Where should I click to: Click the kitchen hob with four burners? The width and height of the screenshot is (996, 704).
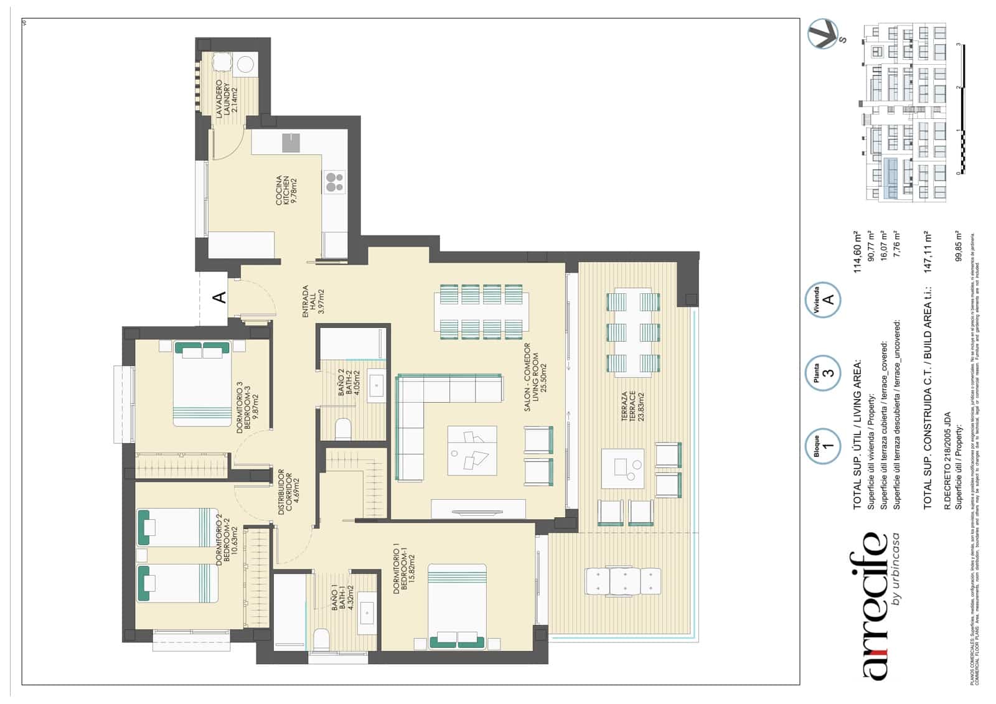point(334,182)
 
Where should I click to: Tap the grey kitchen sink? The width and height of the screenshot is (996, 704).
point(291,143)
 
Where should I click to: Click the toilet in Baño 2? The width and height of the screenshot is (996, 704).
point(342,429)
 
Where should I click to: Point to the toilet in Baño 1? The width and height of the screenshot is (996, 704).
point(321,639)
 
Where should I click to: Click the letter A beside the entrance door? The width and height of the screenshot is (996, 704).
point(220,298)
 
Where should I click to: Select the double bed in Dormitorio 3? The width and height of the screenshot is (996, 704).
point(202,383)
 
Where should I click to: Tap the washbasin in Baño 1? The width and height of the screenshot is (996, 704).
point(366,612)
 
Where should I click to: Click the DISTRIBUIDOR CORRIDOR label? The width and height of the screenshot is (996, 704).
point(288,491)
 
